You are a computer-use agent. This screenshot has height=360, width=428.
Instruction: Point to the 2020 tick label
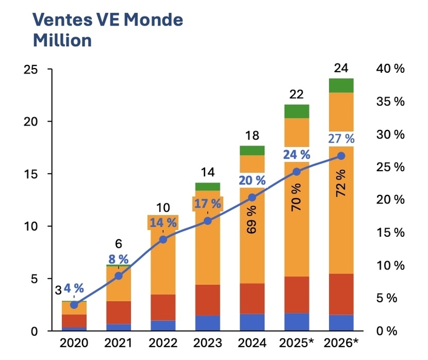pos(74,343)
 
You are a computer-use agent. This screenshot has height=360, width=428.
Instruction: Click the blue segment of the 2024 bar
pos(252,322)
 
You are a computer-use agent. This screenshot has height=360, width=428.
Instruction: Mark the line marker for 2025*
pos(296,172)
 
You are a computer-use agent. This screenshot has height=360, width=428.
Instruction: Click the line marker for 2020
pos(74,305)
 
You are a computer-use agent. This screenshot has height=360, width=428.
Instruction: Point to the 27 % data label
pos(340,138)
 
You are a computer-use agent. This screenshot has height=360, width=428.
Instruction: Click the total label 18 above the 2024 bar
pos(252,135)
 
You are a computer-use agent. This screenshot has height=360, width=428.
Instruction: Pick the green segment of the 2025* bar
pos(296,111)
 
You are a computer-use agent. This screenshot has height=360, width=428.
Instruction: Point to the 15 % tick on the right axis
pos(391,233)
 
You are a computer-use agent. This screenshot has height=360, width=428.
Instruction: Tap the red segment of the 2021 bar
pos(118,313)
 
